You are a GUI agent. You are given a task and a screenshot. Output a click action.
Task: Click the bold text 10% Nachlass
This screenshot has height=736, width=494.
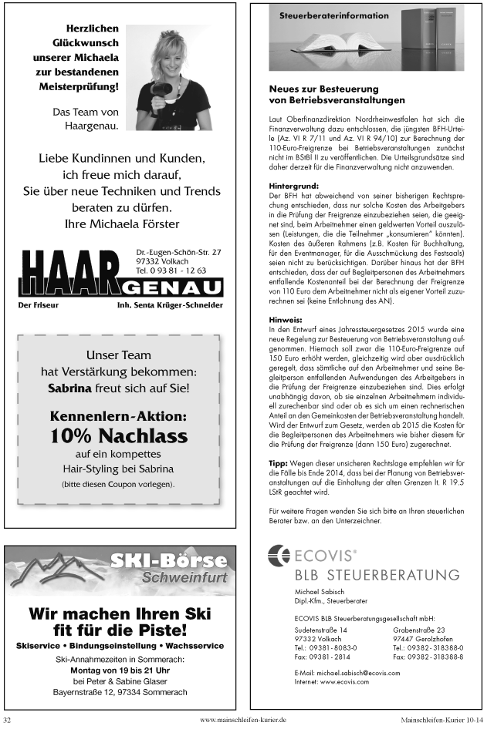[x=119, y=436]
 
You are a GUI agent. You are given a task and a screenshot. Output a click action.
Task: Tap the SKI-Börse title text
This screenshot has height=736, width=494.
[x=168, y=560]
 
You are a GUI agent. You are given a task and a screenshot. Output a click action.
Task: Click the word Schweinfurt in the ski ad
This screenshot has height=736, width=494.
[x=184, y=577]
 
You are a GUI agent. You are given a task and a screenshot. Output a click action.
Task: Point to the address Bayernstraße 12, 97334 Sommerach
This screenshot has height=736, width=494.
[x=120, y=692]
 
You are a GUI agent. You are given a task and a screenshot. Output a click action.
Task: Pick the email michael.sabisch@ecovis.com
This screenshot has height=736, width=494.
[x=347, y=673]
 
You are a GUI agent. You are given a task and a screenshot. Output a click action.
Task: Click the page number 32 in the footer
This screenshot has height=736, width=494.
[x=8, y=720]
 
